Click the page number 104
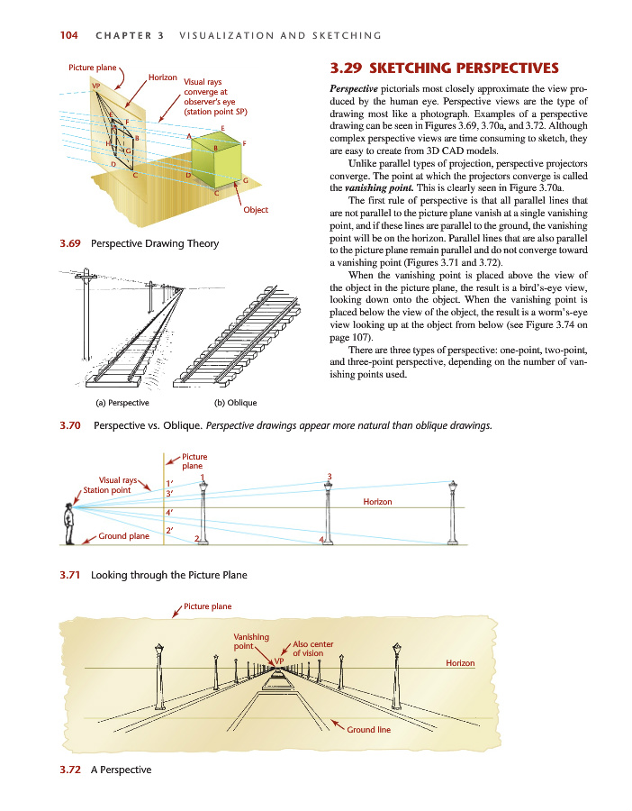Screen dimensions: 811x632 tap(68, 35)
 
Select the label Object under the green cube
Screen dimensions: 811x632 tap(256, 210)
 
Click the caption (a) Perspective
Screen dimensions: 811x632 tap(123, 402)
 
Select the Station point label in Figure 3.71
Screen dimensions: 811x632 tap(106, 490)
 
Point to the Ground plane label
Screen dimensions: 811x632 tap(124, 536)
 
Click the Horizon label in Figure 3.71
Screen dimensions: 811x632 tap(377, 501)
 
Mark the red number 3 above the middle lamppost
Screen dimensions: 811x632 tap(330, 476)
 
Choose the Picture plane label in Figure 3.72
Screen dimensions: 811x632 tap(208, 606)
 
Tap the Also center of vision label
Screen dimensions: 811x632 tap(314, 649)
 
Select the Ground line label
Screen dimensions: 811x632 tap(369, 730)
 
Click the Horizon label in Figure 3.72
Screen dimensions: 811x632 tap(460, 663)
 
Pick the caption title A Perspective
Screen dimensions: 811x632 tap(122, 770)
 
